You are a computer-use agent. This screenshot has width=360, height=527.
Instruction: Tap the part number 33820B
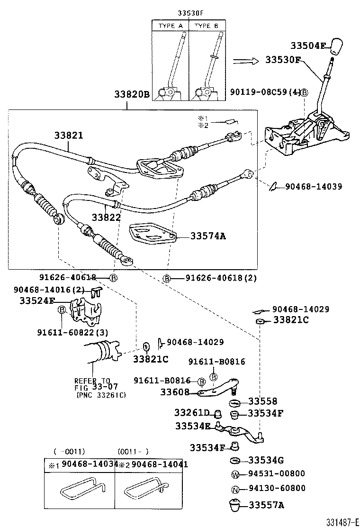point(131,95)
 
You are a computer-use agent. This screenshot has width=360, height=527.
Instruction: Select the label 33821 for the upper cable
point(67,135)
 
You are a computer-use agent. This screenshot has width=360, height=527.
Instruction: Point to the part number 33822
point(106,217)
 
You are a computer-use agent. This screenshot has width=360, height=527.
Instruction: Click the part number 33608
point(174,392)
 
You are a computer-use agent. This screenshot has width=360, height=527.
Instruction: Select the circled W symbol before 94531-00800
point(234,474)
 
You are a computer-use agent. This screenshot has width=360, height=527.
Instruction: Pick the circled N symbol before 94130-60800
point(234,489)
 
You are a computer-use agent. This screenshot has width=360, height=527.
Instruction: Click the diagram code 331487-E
point(342,522)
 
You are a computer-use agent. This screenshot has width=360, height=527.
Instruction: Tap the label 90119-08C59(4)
point(265,93)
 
